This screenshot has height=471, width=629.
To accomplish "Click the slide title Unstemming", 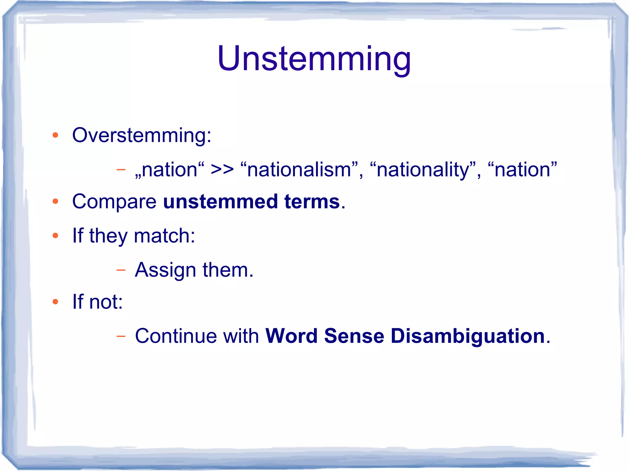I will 314,59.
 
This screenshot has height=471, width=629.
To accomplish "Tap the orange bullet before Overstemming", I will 55,135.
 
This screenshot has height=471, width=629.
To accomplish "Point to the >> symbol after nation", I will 222,170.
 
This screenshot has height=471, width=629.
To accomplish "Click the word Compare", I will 114,202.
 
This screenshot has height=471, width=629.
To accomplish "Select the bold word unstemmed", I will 220,202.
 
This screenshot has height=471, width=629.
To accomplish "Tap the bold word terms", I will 312,202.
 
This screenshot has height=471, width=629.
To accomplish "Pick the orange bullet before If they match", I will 55,236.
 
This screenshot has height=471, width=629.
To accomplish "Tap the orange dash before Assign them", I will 121,270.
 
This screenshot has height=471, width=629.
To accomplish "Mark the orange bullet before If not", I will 55,302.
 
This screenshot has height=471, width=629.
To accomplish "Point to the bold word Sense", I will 354,336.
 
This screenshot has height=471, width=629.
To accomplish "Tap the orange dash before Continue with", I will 121,336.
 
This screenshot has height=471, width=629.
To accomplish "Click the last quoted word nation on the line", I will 522,170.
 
